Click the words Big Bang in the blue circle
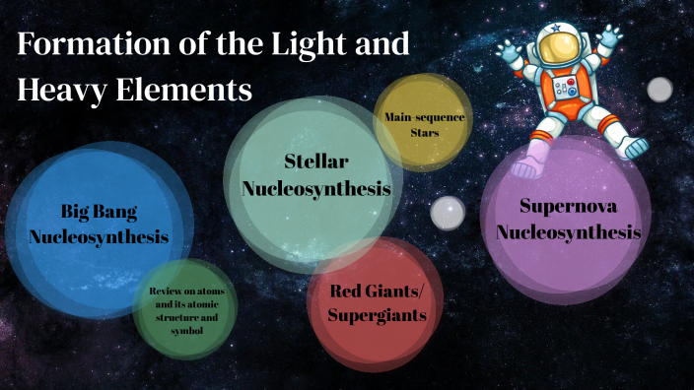(x=99, y=211)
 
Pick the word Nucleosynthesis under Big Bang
(x=99, y=236)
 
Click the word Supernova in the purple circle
(x=569, y=206)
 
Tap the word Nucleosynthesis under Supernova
(x=569, y=232)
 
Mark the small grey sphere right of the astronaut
(x=659, y=89)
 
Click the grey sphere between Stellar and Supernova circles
(x=449, y=212)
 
